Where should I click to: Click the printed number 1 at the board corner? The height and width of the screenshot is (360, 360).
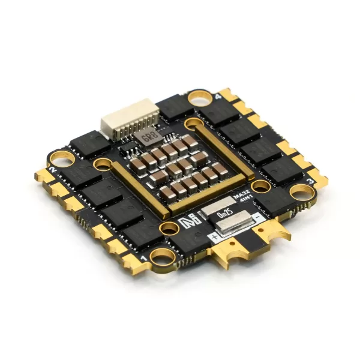(144, 257)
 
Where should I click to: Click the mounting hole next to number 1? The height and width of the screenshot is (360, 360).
(162, 257)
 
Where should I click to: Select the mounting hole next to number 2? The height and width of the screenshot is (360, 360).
(61, 158)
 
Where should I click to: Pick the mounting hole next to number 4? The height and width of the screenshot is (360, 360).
(197, 96)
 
